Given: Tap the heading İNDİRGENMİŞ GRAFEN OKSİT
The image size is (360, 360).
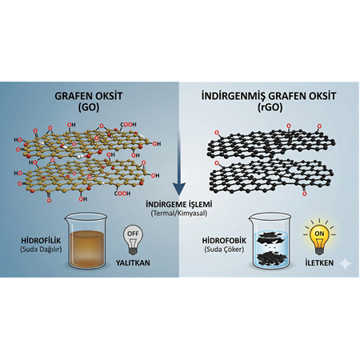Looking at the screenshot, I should (x=269, y=94).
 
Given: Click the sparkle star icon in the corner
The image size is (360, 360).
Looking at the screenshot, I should (x=344, y=263).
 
